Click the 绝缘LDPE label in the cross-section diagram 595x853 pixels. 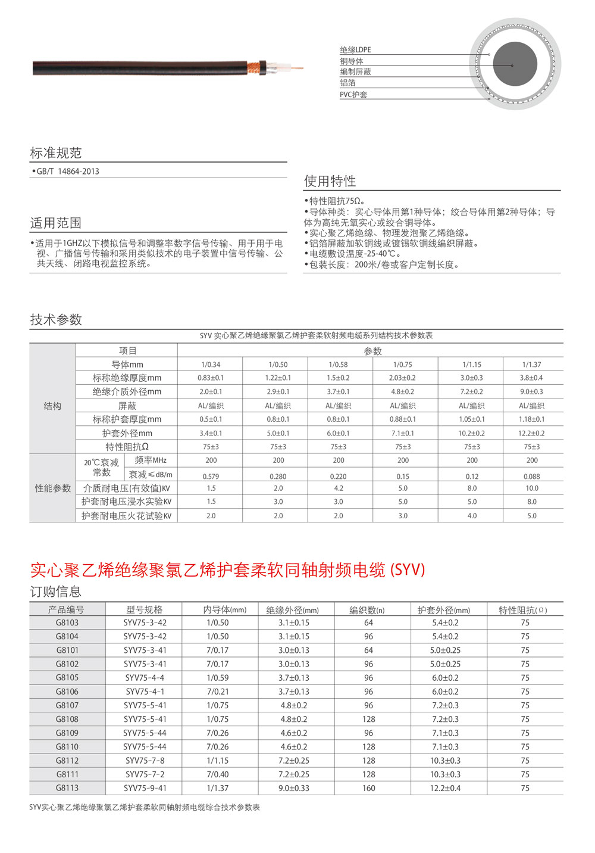[x=355, y=50]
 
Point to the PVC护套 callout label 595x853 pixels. [x=353, y=95]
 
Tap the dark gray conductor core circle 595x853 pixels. [x=515, y=64]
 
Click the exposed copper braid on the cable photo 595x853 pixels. [x=255, y=67]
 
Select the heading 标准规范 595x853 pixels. [x=56, y=153]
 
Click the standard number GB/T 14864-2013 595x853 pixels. [x=68, y=172]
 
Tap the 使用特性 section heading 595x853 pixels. [x=330, y=181]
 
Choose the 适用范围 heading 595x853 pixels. [x=56, y=223]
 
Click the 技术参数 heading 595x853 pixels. [x=56, y=320]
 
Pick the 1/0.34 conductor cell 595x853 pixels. [x=211, y=365]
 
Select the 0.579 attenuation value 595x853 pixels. [x=211, y=477]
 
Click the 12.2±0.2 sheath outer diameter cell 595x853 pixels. [x=531, y=434]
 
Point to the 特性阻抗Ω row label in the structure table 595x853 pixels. [x=127, y=447]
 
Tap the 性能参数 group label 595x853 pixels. [x=52, y=488]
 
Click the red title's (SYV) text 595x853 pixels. [x=408, y=570]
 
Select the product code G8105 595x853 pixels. [x=67, y=678]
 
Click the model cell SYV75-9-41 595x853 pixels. [x=145, y=788]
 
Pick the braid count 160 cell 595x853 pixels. [x=369, y=788]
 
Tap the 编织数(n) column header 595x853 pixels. [x=367, y=610]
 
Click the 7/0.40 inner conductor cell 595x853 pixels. [x=217, y=774]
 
